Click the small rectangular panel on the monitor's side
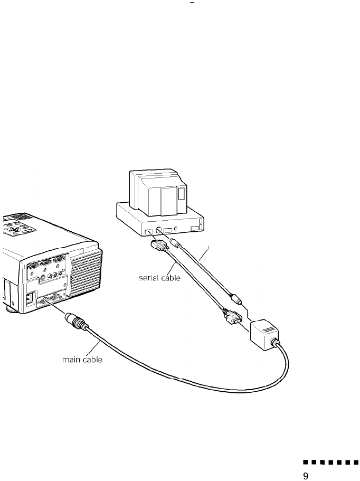(x=182, y=192)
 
